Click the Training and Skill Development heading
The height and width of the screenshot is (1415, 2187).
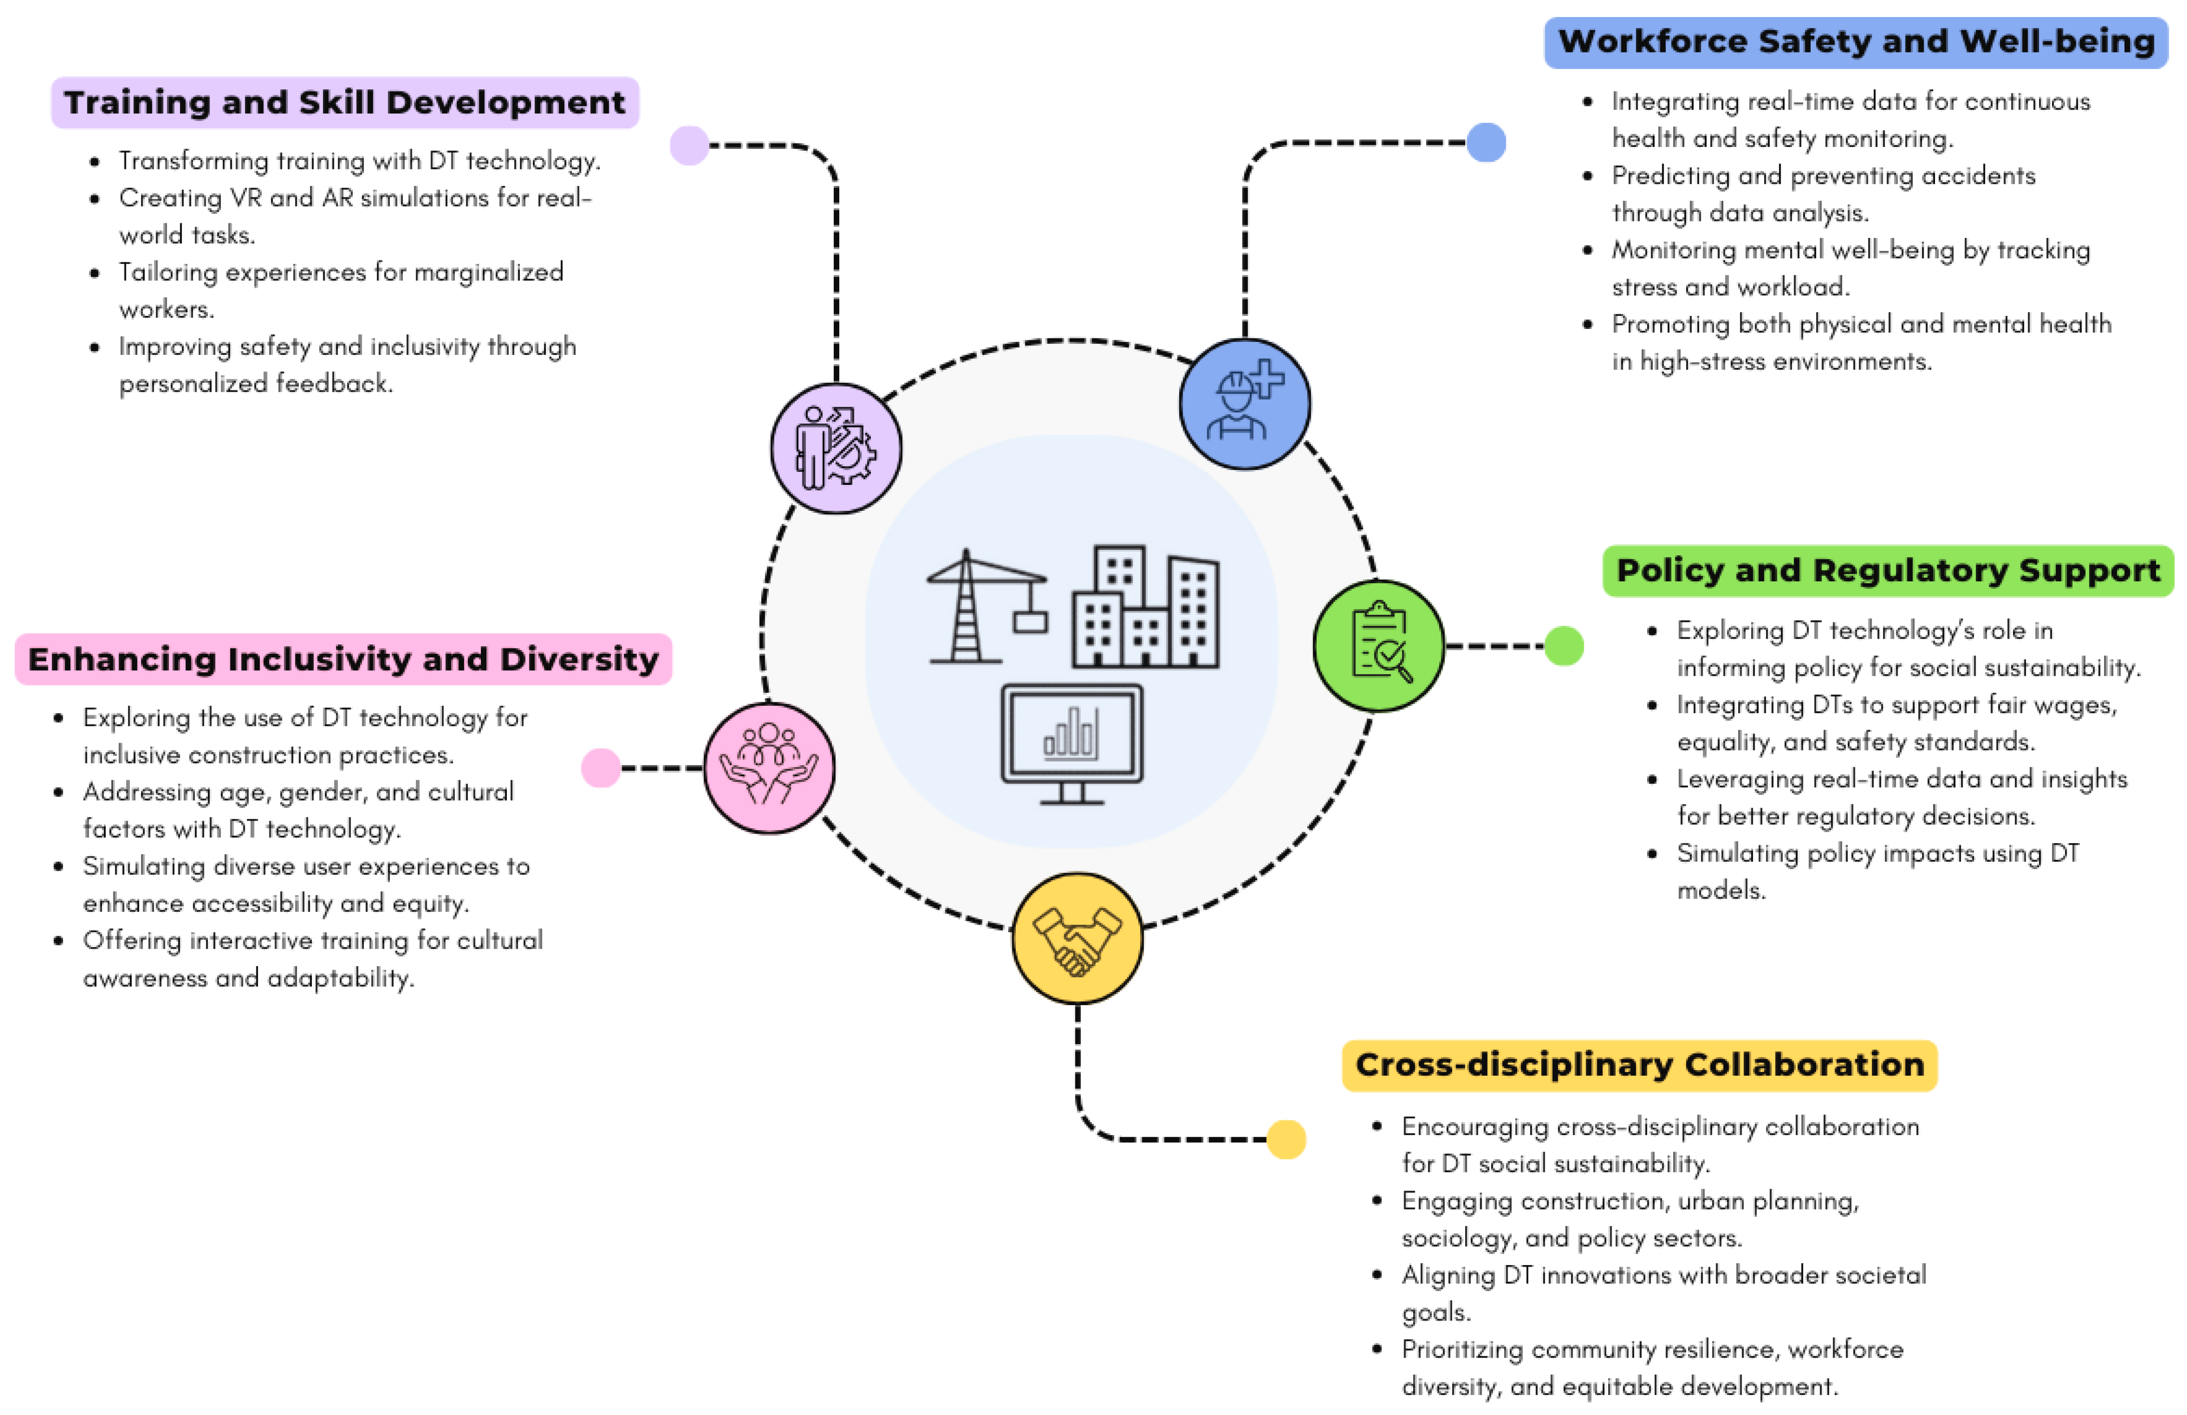[344, 102]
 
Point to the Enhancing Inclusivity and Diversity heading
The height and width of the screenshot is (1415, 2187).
[343, 659]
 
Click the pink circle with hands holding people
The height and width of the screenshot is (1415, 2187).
[769, 767]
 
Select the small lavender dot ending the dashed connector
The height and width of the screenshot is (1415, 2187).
[689, 145]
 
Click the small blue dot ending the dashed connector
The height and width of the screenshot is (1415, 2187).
[1486, 142]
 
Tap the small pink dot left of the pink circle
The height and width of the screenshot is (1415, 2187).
[601, 767]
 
